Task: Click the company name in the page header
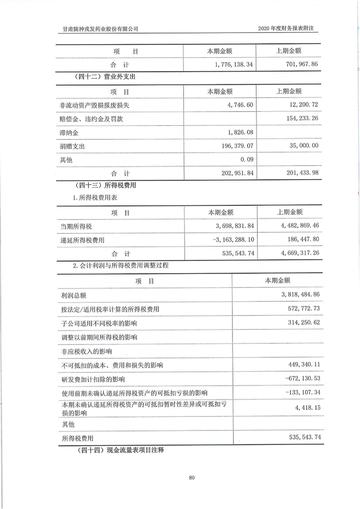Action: (100, 29)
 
